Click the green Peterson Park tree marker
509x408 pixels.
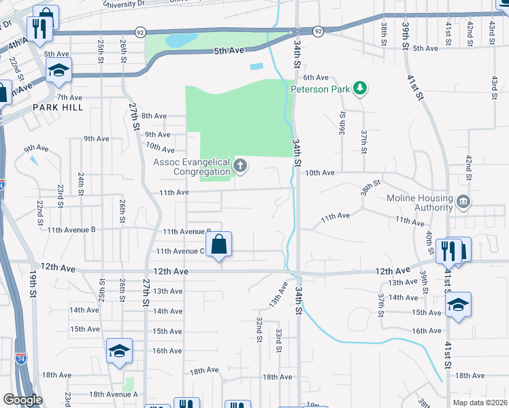(360, 88)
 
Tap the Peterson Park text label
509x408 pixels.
(320, 88)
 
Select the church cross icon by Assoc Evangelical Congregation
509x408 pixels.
(240, 165)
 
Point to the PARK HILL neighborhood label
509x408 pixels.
(57, 107)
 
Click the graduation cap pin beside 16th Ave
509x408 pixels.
(119, 352)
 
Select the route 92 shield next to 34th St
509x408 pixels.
(318, 31)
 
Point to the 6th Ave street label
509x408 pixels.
(316, 78)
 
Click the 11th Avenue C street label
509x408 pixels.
(180, 251)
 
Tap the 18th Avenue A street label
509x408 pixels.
(113, 394)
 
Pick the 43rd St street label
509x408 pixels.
(493, 86)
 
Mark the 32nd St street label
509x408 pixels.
(259, 328)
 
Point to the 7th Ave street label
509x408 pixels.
(69, 97)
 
